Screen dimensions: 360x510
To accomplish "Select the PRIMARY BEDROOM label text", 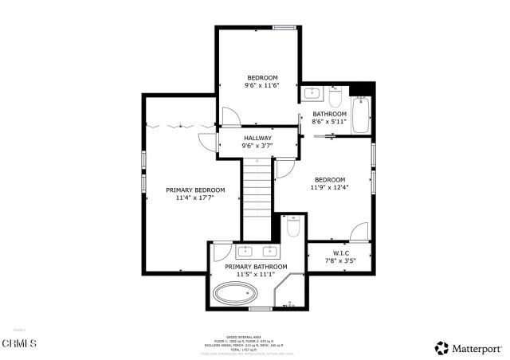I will point(195,190).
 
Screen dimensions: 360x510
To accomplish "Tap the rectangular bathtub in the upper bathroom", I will point(363,115).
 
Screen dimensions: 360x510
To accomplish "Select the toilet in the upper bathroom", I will point(335,99).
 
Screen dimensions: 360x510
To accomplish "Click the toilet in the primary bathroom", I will point(292,228).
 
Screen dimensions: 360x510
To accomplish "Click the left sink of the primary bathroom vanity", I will point(226,252).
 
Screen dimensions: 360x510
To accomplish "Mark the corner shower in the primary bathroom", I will point(288,294).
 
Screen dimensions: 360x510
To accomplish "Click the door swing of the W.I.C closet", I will point(359,231).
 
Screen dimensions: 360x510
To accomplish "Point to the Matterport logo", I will point(468,348).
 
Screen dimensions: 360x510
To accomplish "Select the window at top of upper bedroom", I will point(284,28).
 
